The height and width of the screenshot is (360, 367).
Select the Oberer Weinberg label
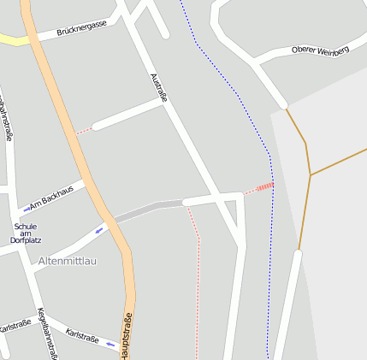click(x=320, y=51)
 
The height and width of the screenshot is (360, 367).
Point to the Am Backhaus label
click(x=51, y=195)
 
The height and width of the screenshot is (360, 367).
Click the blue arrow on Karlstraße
click(x=110, y=344)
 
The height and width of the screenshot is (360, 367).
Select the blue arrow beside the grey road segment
click(x=99, y=229)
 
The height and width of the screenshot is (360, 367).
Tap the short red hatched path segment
click(x=265, y=186)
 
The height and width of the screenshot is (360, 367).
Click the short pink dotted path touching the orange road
click(x=83, y=131)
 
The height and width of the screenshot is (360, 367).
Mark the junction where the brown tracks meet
click(x=310, y=175)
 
